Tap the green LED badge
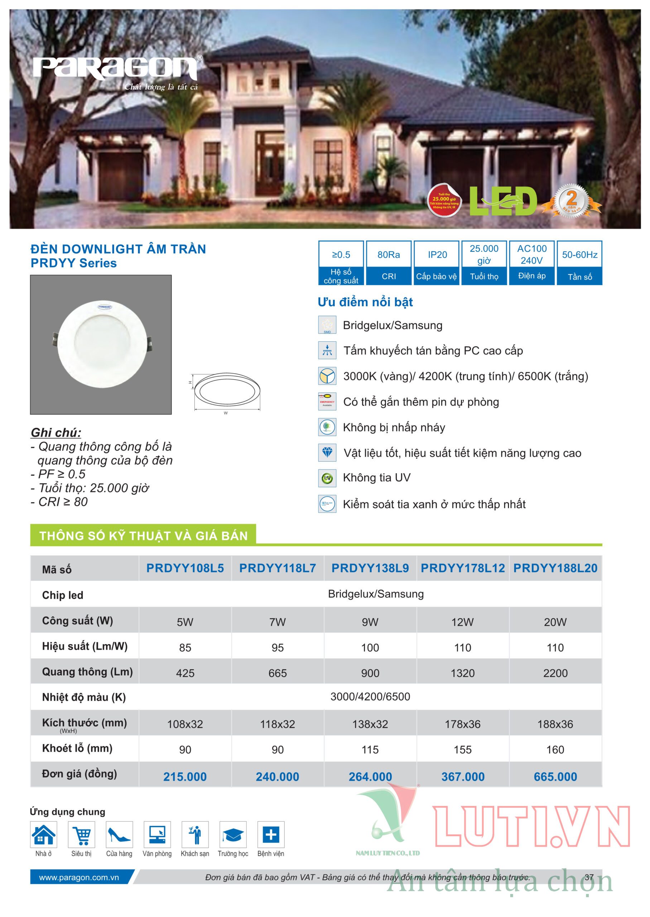(503, 201)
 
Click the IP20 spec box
(437, 263)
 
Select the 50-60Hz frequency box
(579, 263)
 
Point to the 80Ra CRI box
(388, 263)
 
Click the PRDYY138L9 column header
(370, 568)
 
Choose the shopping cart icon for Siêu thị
(82, 835)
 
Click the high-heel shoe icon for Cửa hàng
(119, 835)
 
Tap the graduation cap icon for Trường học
(233, 835)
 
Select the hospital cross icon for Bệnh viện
(271, 835)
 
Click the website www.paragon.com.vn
(79, 877)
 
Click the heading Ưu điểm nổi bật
(365, 302)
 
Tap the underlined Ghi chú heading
(56, 432)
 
